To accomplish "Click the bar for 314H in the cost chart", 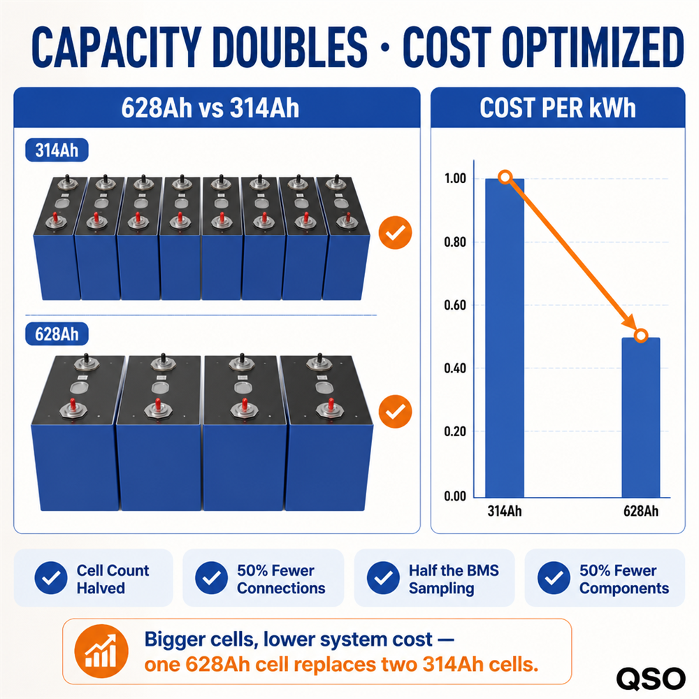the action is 505,338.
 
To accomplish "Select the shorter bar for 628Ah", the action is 640,417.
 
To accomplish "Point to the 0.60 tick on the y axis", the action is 455,305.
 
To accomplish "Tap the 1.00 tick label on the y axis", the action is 455,179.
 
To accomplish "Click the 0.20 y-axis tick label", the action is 455,431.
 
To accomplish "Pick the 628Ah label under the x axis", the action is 640,511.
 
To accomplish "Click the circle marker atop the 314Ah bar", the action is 505,178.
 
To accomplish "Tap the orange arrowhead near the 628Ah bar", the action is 630,323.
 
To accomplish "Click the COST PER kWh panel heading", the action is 558,108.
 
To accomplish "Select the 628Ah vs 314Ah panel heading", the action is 210,108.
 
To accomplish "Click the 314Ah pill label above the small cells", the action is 57,150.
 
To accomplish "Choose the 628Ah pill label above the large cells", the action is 57,334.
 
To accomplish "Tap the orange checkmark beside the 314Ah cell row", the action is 395,232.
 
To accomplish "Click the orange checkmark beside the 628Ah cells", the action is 395,412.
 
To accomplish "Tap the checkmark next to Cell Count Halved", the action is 51,578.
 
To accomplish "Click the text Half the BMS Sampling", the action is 454,579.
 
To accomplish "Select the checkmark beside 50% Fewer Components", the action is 554,578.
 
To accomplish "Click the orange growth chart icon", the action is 101,651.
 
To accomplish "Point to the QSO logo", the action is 651,679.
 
